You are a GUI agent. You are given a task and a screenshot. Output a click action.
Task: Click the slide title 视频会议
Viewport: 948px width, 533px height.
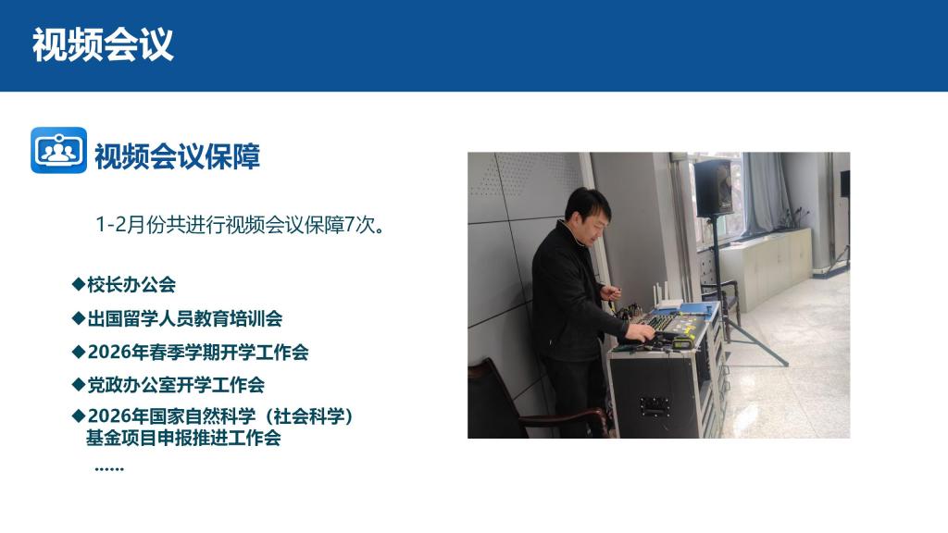coord(103,44)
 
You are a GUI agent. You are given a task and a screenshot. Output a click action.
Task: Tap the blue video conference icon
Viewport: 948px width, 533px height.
coord(58,150)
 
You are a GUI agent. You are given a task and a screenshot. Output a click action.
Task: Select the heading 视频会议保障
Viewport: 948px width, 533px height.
coord(177,156)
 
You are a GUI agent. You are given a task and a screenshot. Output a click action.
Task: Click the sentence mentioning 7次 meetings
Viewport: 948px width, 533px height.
coord(240,225)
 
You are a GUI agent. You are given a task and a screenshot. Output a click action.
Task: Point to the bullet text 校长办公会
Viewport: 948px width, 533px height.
coord(131,285)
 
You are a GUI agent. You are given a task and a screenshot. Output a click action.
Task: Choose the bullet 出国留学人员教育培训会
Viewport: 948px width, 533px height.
coord(184,318)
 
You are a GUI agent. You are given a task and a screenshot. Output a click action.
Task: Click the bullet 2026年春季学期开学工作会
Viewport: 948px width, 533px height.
coord(198,352)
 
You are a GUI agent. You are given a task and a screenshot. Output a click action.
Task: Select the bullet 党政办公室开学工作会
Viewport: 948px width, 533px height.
coord(175,385)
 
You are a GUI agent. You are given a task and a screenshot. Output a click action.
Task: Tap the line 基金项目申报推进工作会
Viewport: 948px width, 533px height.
coord(183,438)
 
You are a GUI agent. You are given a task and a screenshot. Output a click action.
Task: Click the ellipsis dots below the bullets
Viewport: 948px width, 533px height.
coord(109,468)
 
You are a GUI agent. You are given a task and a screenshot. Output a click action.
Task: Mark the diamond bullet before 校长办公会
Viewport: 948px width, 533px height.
coord(78,284)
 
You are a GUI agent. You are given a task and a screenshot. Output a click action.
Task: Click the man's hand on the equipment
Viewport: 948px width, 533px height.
coord(642,332)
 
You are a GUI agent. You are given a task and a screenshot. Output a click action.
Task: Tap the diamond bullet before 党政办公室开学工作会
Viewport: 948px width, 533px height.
coord(78,384)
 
